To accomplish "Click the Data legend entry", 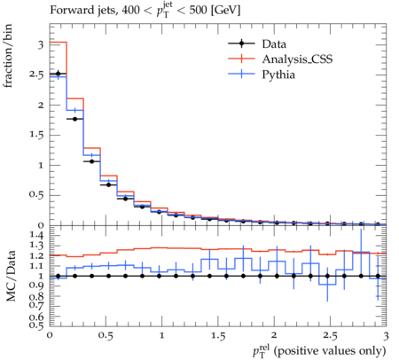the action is click(274, 44).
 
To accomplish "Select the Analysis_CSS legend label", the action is click(297, 59).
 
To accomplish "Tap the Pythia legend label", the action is click(278, 74).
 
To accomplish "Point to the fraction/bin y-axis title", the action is click(8, 56).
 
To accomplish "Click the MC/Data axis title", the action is click(11, 276).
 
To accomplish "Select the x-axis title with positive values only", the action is click(319, 351).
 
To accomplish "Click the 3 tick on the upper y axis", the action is click(41, 45).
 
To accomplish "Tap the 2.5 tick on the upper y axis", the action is click(35, 74).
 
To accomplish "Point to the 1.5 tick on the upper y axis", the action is click(36, 135).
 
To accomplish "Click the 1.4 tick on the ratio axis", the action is click(36, 235).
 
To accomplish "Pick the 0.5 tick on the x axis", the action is click(106, 336).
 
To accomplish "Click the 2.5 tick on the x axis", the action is click(330, 336).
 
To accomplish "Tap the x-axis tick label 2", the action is click(274, 335).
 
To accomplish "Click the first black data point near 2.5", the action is click(59, 74).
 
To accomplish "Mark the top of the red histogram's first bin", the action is click(59, 43).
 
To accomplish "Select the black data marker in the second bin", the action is click(75, 119).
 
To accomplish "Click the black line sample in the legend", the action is click(241, 44).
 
